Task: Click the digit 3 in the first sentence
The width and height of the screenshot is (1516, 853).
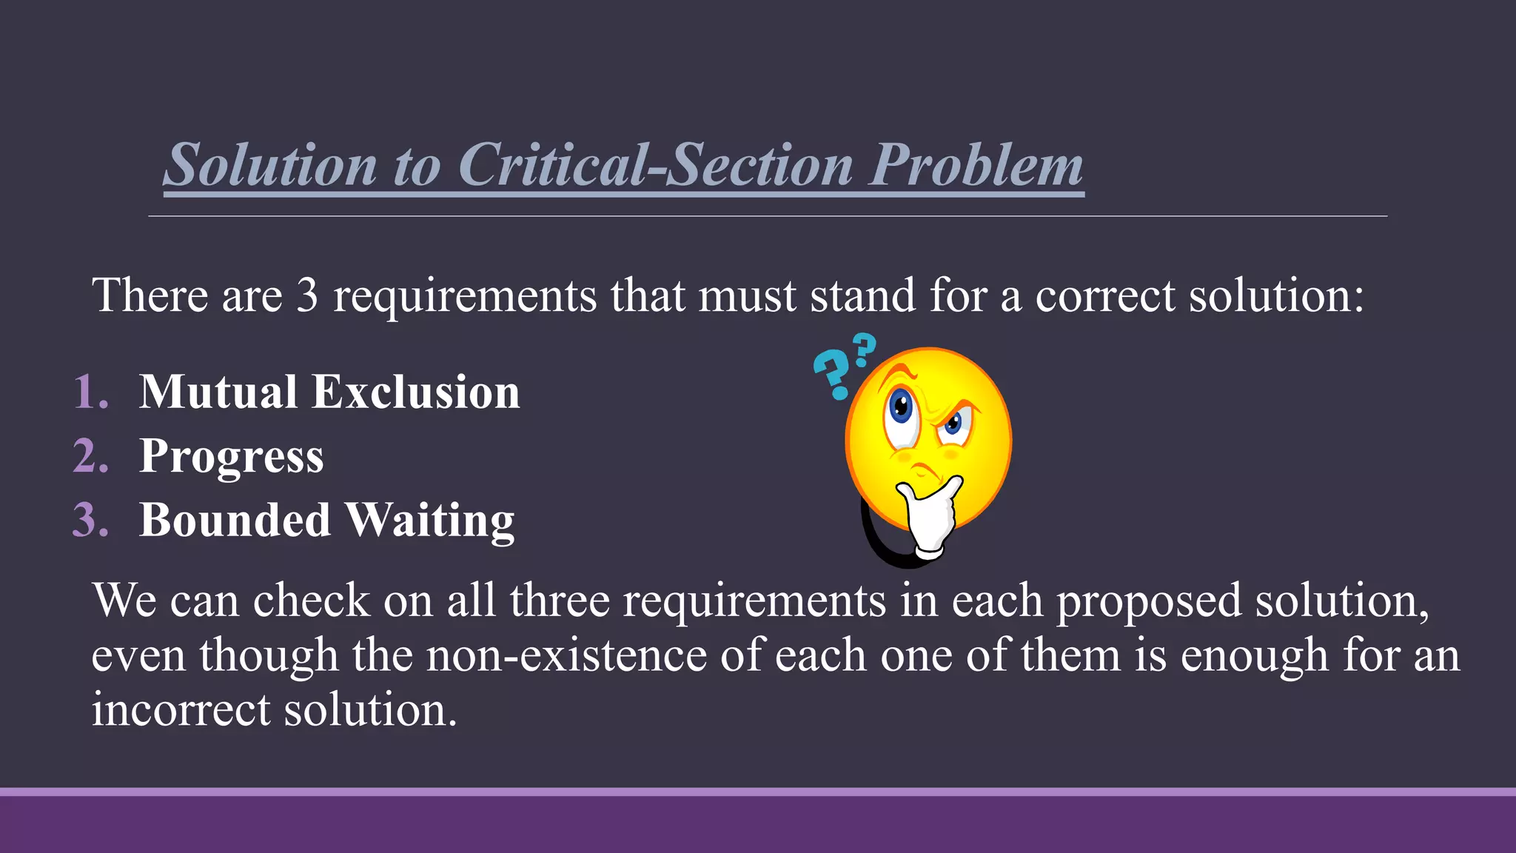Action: [307, 295]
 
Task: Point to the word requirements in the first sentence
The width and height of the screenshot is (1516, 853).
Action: [465, 296]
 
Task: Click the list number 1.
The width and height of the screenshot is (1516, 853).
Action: [91, 392]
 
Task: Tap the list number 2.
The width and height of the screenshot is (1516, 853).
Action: [91, 455]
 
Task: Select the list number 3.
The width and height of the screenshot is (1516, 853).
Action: [91, 520]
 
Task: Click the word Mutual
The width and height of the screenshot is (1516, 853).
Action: [218, 392]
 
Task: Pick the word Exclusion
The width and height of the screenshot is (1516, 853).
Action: [416, 392]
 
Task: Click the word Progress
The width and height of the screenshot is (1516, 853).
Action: [232, 457]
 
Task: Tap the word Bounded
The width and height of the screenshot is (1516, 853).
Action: [235, 520]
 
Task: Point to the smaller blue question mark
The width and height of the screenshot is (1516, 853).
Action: [863, 349]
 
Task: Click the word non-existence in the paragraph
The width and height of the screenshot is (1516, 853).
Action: [566, 655]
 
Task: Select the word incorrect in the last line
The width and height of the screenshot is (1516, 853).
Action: [181, 709]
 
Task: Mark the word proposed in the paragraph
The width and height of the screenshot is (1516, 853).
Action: [1148, 601]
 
